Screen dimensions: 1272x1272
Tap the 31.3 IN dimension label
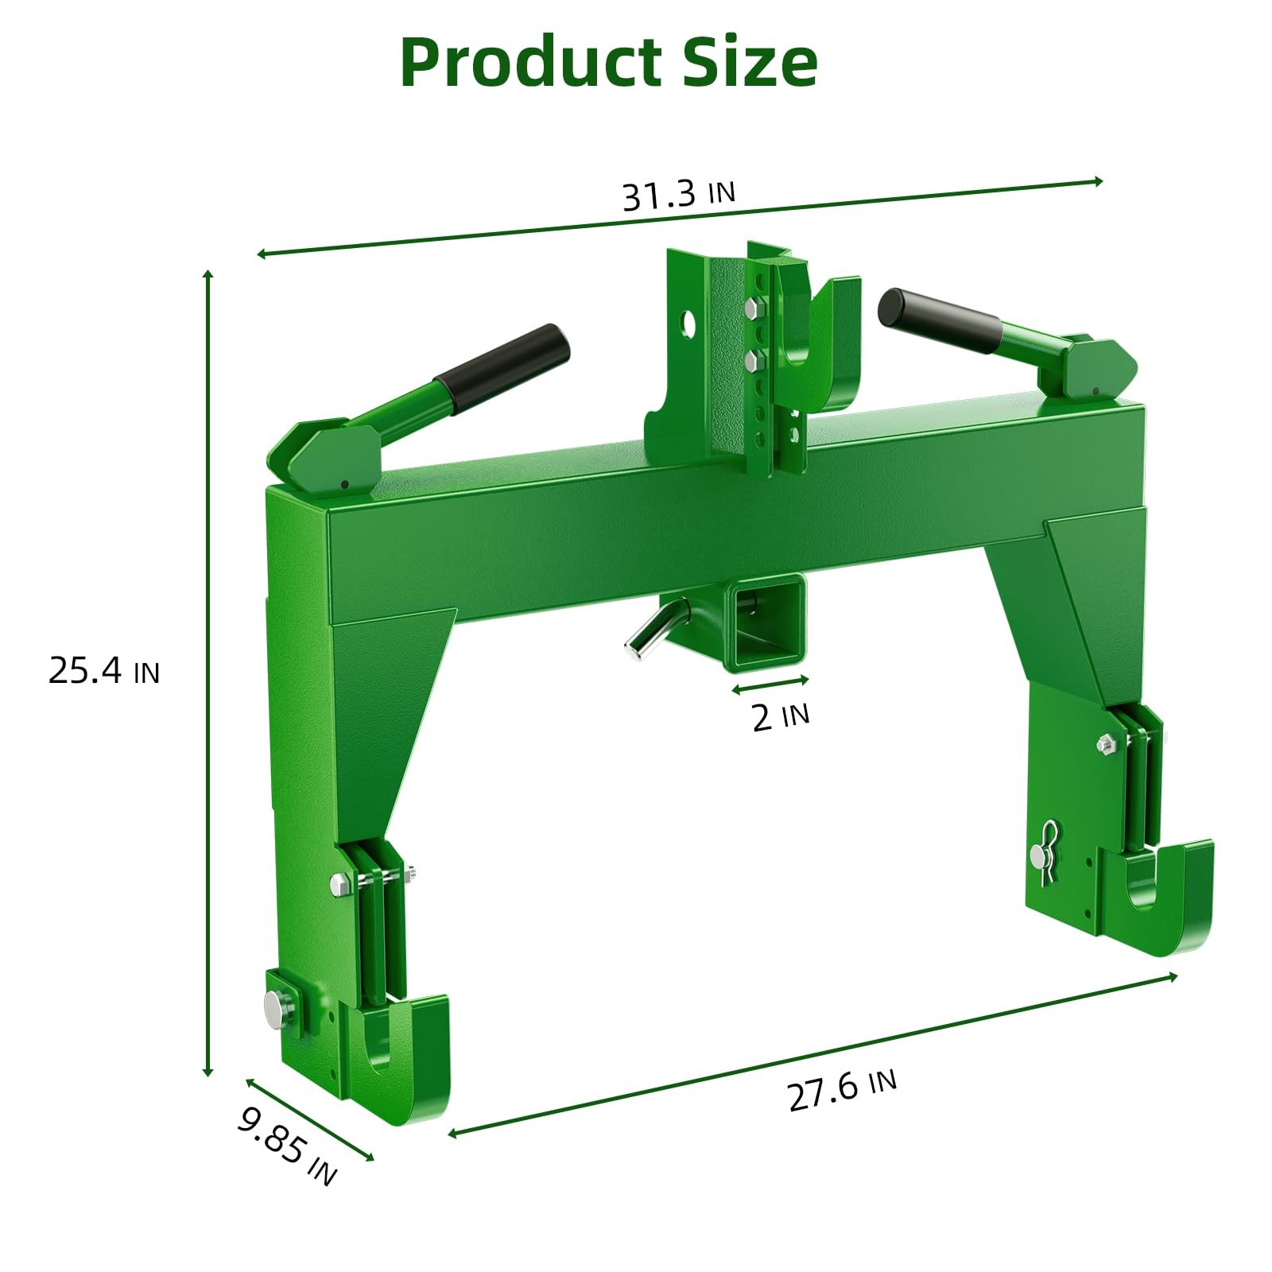(x=678, y=196)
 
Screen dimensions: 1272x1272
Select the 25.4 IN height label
(x=104, y=671)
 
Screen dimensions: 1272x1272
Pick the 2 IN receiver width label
(x=780, y=716)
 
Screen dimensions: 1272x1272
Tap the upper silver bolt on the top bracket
(x=750, y=307)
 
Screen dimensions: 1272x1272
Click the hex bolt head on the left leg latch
(x=339, y=884)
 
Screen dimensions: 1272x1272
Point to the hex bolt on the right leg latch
(x=1105, y=744)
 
